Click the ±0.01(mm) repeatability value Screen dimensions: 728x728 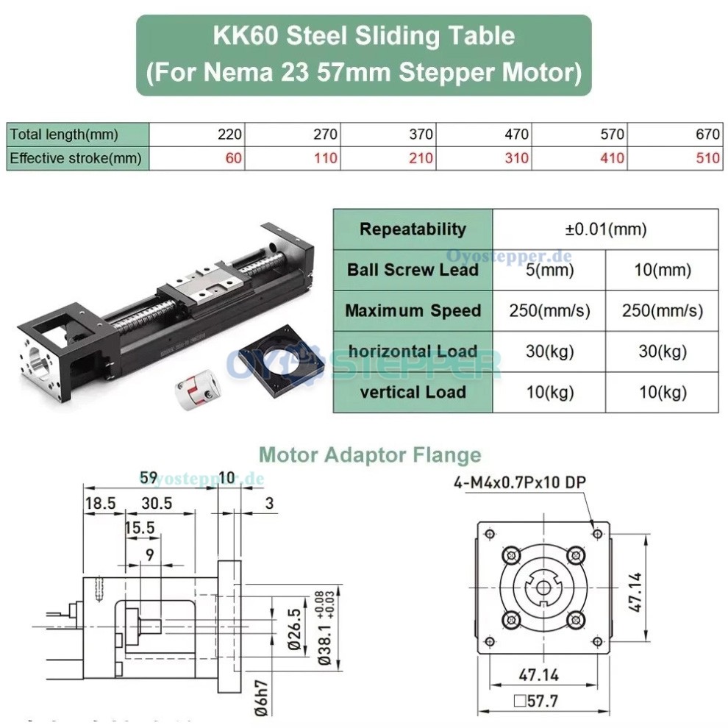(x=605, y=229)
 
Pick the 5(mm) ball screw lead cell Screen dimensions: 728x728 (x=549, y=269)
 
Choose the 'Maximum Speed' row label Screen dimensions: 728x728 (x=413, y=310)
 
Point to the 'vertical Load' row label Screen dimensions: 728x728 (x=413, y=392)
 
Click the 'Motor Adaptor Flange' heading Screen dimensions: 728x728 (x=370, y=455)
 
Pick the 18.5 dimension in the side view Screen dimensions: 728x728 (x=100, y=504)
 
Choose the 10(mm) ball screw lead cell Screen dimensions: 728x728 (x=662, y=269)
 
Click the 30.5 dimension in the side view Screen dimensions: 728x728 (x=156, y=504)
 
